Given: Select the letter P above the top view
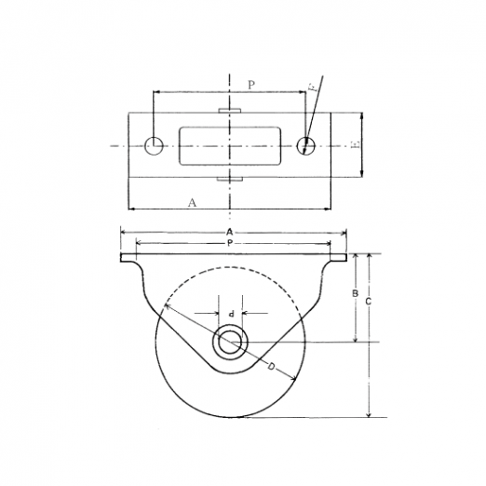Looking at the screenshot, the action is point(251,85).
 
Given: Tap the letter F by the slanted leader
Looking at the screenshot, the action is point(315,87).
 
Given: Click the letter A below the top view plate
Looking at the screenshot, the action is point(193,203).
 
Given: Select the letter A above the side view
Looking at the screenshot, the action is point(229,232).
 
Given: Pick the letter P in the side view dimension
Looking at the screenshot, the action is point(230,243).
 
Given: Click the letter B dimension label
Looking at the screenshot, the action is point(356,293).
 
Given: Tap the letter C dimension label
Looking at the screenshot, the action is point(369,301).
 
